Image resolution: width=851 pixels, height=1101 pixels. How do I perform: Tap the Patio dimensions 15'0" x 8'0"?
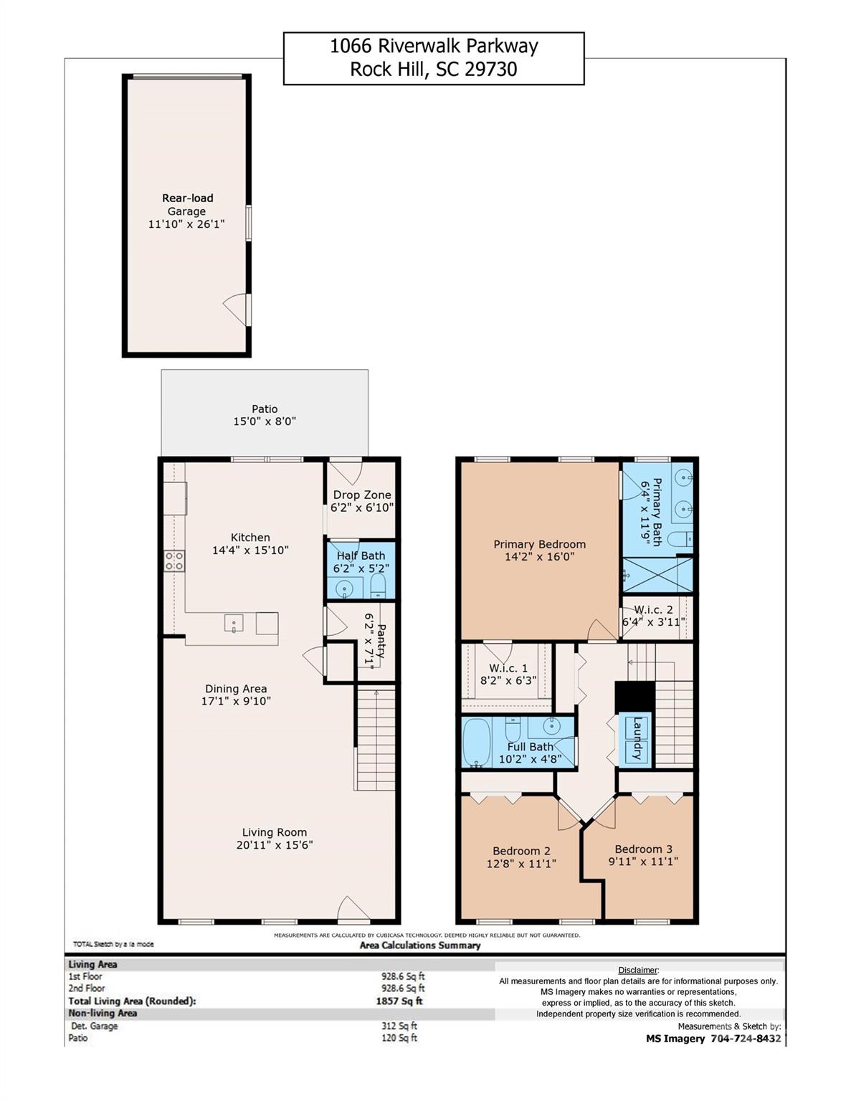point(264,421)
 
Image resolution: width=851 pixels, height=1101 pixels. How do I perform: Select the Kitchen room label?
point(250,538)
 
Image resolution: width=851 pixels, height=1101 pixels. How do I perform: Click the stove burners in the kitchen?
point(174,561)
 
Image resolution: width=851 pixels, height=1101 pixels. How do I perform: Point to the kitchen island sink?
point(234,623)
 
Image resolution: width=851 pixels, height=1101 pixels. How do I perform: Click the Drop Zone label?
point(362,495)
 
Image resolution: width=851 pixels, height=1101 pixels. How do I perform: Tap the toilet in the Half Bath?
point(379,589)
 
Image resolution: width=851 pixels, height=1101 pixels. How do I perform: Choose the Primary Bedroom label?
point(539,544)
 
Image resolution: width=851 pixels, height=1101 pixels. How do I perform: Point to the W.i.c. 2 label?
point(653,609)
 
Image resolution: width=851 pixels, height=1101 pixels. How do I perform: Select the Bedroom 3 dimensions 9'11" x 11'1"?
point(643,862)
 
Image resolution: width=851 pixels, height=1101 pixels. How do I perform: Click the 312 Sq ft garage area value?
point(399,1026)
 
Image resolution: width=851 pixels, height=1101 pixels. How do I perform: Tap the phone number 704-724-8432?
point(746,1039)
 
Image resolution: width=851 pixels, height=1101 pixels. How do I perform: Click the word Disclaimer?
point(637,970)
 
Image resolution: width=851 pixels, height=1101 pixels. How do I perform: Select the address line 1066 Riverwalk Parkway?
point(434,47)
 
